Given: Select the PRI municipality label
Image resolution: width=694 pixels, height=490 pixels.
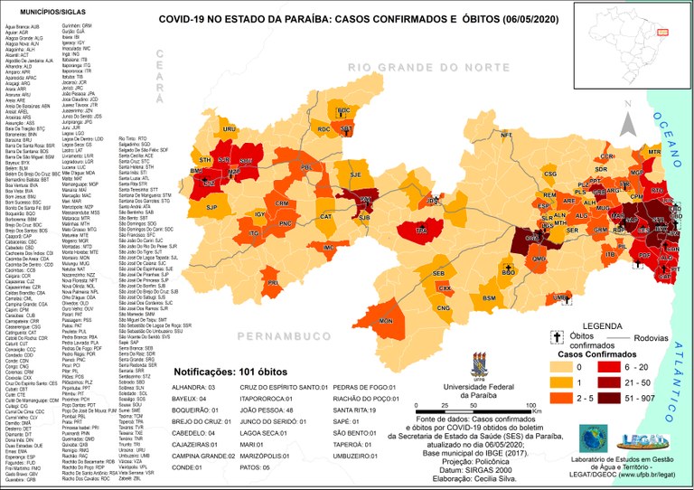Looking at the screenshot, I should point(272,283).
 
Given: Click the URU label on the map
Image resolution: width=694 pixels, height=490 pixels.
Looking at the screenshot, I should point(229,129).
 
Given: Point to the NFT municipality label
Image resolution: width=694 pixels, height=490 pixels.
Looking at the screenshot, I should point(506,136).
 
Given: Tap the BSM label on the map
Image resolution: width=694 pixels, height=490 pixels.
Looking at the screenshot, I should point(489,297).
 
